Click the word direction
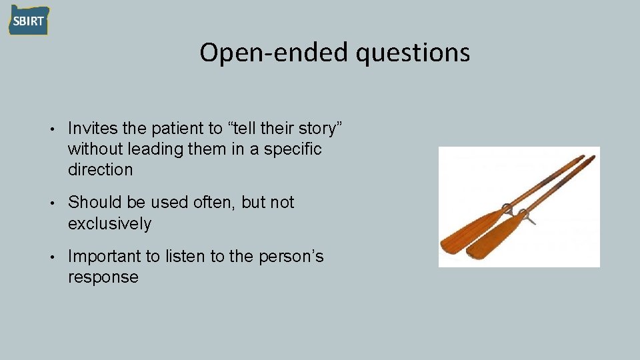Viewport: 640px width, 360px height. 100,170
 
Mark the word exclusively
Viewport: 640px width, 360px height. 109,223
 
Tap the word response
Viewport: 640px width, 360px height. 103,277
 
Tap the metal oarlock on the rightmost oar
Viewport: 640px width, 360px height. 527,217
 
